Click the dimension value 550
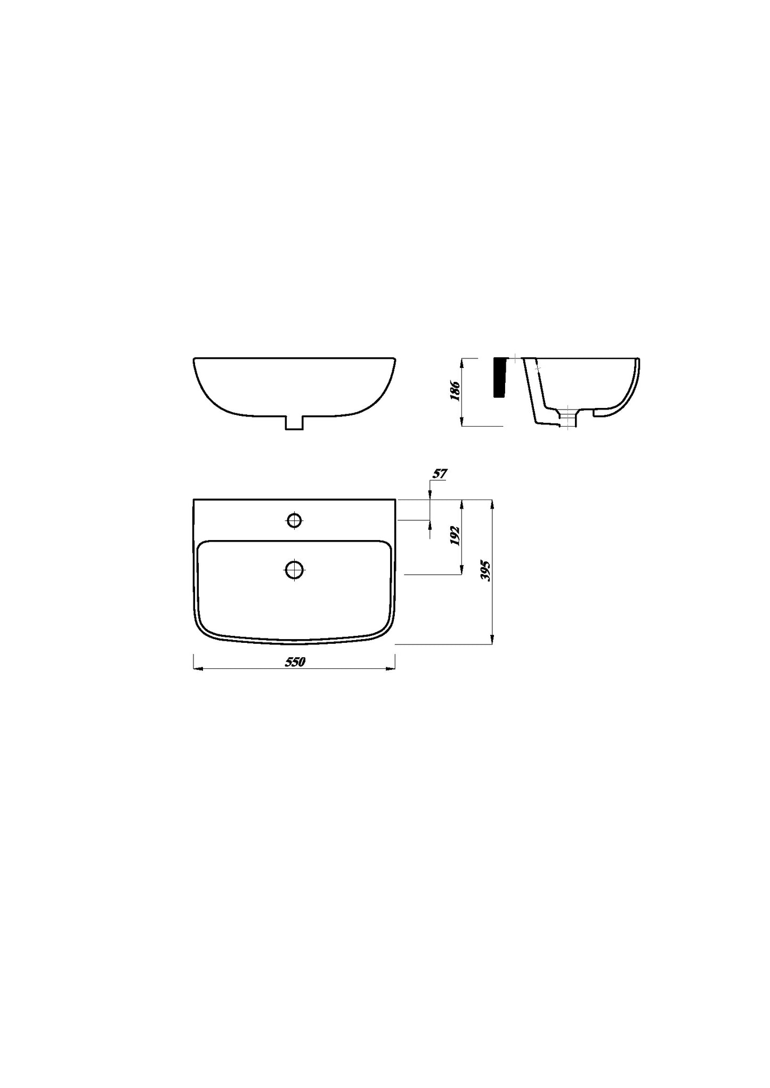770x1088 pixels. coord(295,662)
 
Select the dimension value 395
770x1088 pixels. coord(485,570)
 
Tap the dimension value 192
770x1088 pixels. coord(455,536)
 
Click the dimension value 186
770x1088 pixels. coord(455,390)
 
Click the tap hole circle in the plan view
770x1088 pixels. coord(295,520)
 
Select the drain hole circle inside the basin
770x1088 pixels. coord(294,569)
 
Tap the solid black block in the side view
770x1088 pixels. coord(499,378)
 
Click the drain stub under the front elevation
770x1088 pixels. coord(294,422)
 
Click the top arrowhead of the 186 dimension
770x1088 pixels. coord(462,362)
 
